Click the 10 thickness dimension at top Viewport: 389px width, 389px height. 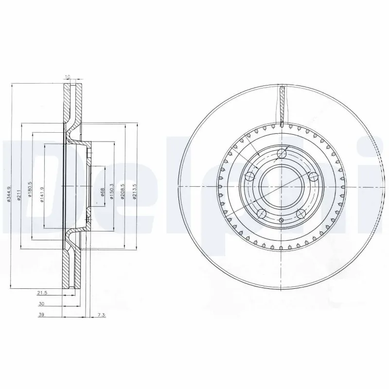68,77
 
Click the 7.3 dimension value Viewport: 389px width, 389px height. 101,315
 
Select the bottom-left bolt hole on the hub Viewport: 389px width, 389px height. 261,213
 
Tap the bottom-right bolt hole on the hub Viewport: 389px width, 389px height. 300,213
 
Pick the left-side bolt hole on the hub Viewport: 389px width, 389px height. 250,177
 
